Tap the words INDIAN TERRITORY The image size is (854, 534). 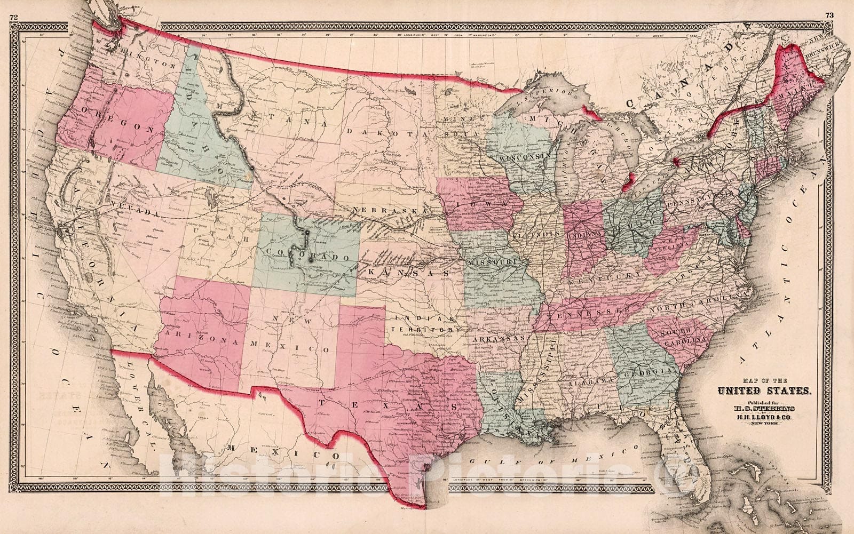point(425,323)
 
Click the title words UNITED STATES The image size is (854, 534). point(763,391)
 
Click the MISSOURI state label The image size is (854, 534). point(492,263)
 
